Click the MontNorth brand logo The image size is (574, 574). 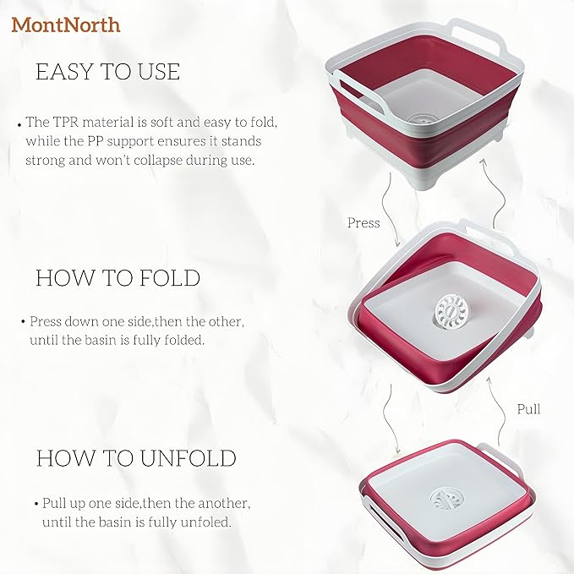[x=66, y=25]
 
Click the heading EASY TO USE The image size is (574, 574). [x=107, y=71]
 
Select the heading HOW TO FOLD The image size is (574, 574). [x=118, y=278]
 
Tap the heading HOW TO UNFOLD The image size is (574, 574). [x=136, y=458]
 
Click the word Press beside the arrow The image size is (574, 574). [x=364, y=222]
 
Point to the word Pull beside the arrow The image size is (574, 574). [x=528, y=409]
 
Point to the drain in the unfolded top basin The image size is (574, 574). [x=419, y=118]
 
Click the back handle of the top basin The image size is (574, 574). [x=476, y=36]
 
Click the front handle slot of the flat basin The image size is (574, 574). [x=385, y=519]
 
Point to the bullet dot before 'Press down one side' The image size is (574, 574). [x=23, y=322]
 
